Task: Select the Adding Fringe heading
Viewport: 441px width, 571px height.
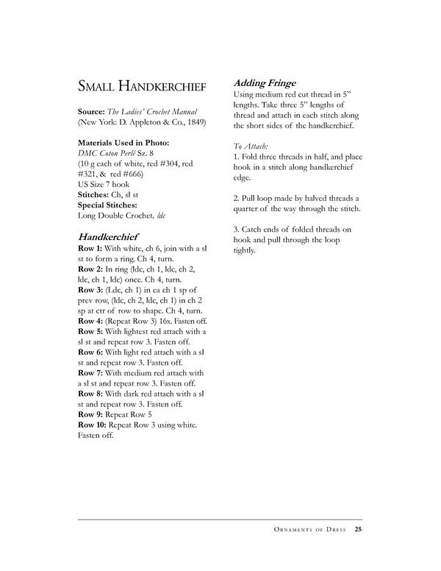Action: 265,82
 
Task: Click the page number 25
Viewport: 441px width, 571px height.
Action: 358,528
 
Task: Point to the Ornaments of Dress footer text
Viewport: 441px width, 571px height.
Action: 308,528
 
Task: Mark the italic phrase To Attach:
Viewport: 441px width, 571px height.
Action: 249,146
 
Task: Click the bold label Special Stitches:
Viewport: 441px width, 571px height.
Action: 108,205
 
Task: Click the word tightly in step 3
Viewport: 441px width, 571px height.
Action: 244,250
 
